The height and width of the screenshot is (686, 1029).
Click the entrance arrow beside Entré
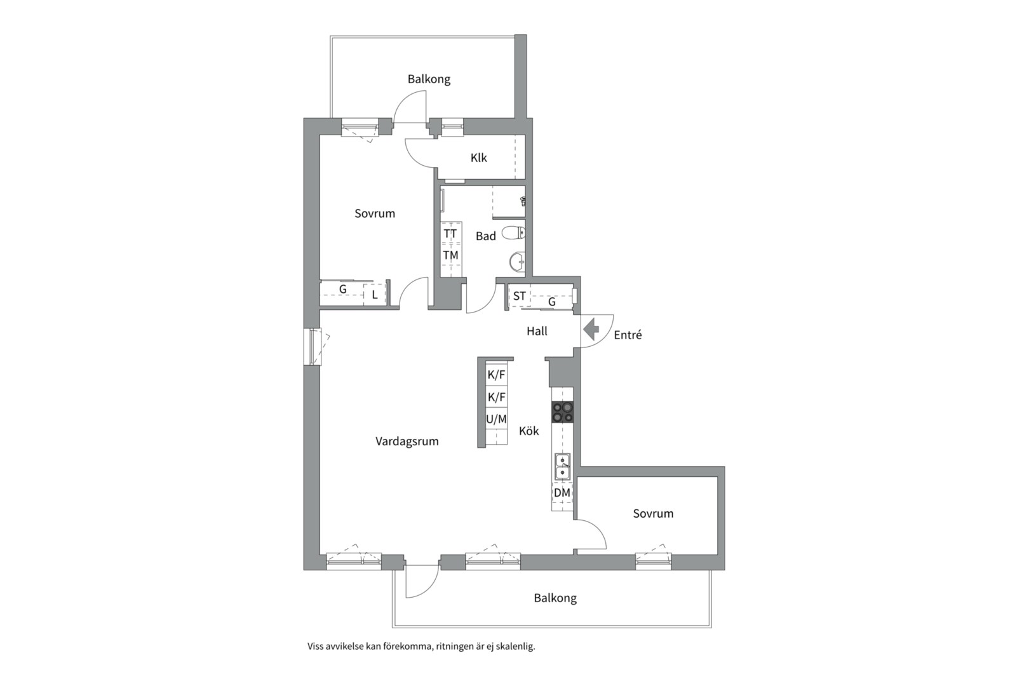[x=591, y=330]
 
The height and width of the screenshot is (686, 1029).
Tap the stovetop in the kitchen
[x=563, y=412]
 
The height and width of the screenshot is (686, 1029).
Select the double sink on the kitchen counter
[x=563, y=466]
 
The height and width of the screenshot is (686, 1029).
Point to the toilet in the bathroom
[x=514, y=233]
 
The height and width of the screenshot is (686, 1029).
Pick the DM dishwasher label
[x=562, y=493]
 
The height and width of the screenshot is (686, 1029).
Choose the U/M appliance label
[x=496, y=419]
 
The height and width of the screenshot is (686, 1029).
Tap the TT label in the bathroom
[x=450, y=234]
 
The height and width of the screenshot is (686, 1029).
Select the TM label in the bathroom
[x=450, y=255]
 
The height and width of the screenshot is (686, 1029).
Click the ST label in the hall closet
[x=520, y=297]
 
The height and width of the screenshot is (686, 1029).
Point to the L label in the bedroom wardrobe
[x=375, y=295]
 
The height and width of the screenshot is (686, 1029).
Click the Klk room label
[x=479, y=158]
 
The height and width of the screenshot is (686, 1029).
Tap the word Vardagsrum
[x=407, y=441]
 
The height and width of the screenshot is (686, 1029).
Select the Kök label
[x=528, y=431]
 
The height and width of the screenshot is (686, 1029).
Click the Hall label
[x=537, y=331]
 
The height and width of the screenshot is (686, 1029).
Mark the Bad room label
[x=486, y=236]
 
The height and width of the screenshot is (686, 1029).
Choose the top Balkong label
[x=429, y=79]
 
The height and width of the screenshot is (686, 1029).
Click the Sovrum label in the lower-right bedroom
[x=653, y=514]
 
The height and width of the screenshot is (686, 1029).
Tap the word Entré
[x=628, y=335]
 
